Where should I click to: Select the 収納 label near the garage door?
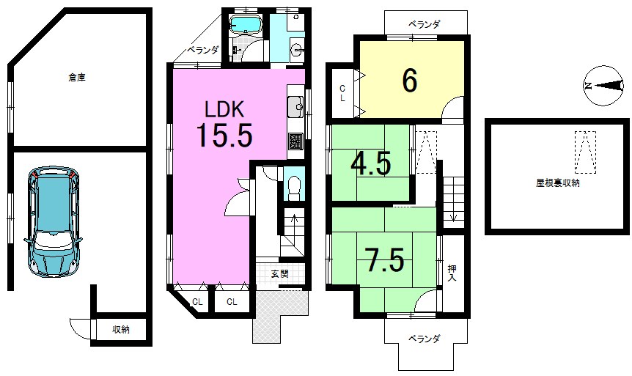pyautogui.click(x=122, y=330)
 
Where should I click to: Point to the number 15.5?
pyautogui.click(x=224, y=136)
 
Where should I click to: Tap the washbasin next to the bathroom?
pyautogui.click(x=296, y=50)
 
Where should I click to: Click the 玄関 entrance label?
pyautogui.click(x=279, y=274)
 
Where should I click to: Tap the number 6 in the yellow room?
pyautogui.click(x=410, y=81)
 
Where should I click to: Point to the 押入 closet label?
pyautogui.click(x=453, y=273)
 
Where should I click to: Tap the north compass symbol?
pyautogui.click(x=605, y=86)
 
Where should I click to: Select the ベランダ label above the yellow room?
pyautogui.click(x=425, y=24)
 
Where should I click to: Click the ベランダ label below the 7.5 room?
pyautogui.click(x=425, y=339)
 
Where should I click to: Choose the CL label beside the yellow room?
pyautogui.click(x=342, y=93)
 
